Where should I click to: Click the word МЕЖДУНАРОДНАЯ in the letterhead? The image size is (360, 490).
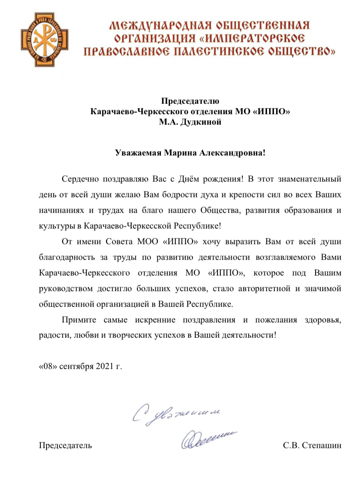point(159,25)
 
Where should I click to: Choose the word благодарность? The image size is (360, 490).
point(67,257)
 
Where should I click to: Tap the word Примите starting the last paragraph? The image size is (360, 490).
point(80,320)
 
